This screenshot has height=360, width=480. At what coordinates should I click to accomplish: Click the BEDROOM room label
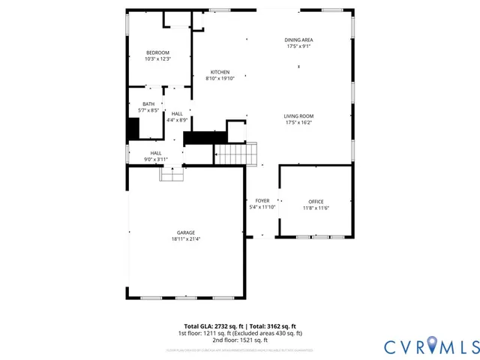tap(158, 52)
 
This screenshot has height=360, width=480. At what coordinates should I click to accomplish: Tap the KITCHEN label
tap(220, 72)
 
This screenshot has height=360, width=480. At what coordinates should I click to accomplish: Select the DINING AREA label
tap(298, 40)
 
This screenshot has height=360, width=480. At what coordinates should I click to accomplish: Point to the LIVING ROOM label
tap(298, 116)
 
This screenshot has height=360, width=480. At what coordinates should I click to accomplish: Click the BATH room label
tap(148, 104)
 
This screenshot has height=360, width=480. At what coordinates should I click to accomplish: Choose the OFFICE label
tap(316, 201)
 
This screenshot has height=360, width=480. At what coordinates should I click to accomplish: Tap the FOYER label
tap(262, 201)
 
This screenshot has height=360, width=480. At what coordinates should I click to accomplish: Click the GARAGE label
tap(185, 233)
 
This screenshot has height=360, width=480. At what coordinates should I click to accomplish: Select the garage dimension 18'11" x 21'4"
tap(185, 239)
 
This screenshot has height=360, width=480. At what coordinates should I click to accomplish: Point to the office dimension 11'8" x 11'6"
tap(316, 208)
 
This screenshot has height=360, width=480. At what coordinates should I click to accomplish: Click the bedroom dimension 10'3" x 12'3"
tap(158, 59)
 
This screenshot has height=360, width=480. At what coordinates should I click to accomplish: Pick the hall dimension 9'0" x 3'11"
tap(156, 159)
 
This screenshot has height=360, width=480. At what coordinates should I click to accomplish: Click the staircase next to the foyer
tap(237, 154)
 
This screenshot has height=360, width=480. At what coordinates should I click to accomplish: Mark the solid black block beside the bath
tap(133, 129)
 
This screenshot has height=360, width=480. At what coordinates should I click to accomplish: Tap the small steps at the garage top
tap(172, 174)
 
